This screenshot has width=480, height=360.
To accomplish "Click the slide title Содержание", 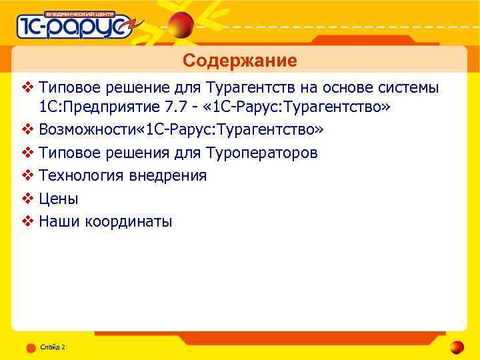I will click(x=240, y=61).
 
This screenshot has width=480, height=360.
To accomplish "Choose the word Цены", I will click(x=59, y=199).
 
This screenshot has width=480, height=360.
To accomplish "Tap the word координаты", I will click(x=128, y=221).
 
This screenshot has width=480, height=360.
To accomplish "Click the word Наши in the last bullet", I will click(x=59, y=221).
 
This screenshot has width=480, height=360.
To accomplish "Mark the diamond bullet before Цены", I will click(x=27, y=199).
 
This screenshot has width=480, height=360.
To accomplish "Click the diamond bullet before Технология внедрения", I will click(x=27, y=175).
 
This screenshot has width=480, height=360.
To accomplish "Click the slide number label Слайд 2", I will click(x=52, y=347).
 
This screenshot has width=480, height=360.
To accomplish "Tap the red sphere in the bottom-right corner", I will click(x=457, y=347).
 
